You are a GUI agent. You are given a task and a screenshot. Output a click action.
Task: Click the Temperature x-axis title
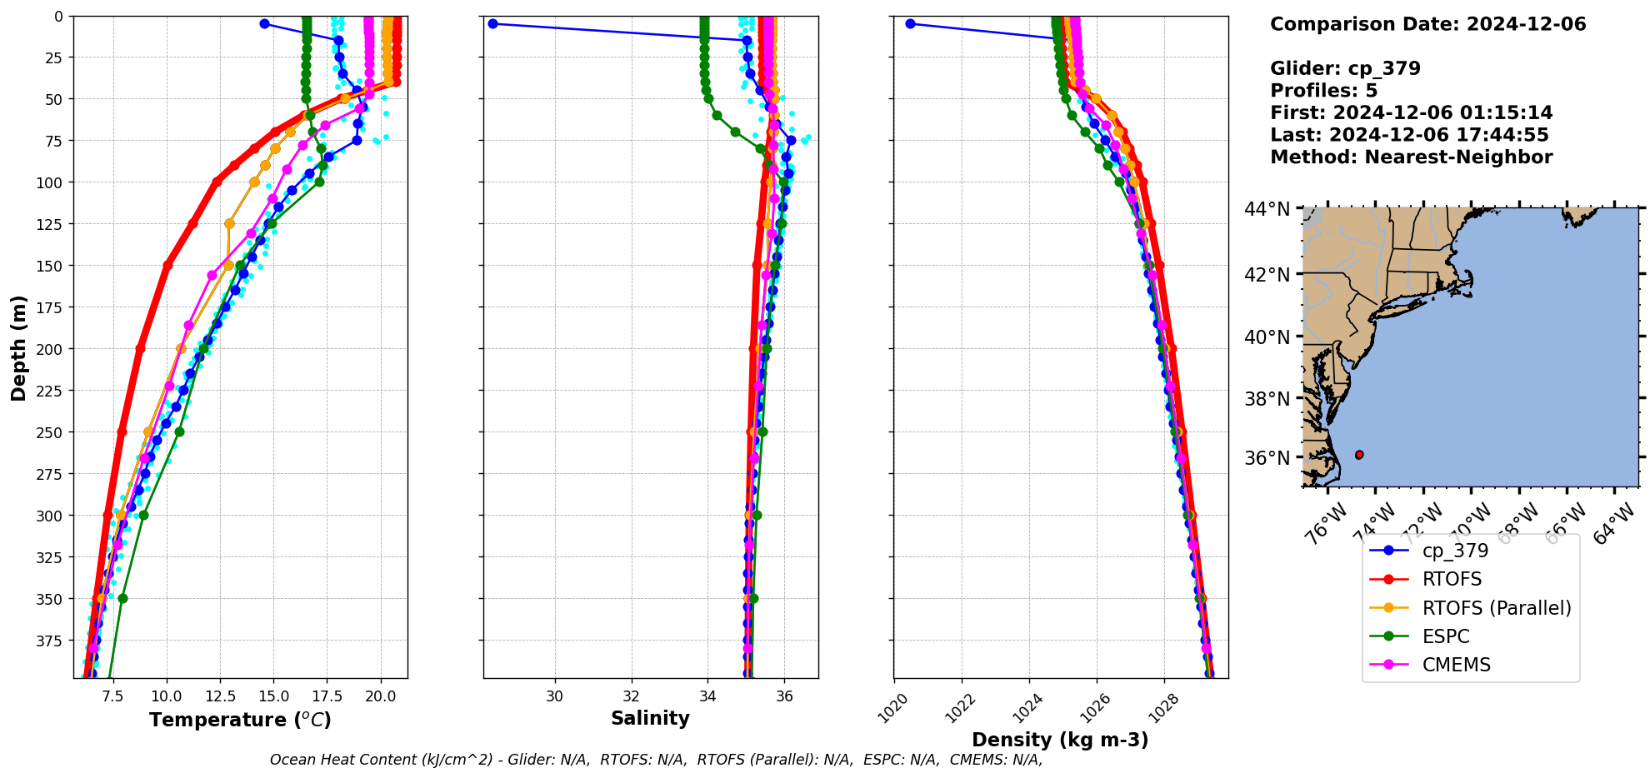pyautogui.click(x=240, y=720)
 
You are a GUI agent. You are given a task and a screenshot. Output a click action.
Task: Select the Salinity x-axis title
pyautogui.click(x=650, y=718)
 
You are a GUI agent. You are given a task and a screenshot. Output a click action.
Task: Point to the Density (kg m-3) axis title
pyautogui.click(x=1060, y=740)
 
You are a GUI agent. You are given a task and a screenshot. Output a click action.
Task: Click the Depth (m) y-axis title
pyautogui.click(x=18, y=347)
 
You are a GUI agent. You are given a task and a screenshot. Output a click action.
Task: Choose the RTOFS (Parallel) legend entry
pyautogui.click(x=1496, y=608)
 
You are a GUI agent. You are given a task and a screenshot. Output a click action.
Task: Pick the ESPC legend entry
pyautogui.click(x=1446, y=636)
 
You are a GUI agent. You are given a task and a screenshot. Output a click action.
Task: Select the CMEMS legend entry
pyautogui.click(x=1456, y=665)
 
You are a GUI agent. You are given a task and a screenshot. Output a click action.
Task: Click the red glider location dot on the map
pyautogui.click(x=1359, y=455)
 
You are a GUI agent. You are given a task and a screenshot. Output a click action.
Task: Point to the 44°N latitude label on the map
pyautogui.click(x=1267, y=209)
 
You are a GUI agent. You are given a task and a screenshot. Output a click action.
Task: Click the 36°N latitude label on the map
pyautogui.click(x=1267, y=458)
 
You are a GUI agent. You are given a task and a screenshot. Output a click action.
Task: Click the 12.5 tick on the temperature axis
pyautogui.click(x=220, y=696)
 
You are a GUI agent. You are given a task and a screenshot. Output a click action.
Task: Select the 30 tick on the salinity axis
pyautogui.click(x=555, y=696)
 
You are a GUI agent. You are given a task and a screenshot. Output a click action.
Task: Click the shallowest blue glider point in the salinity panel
pyautogui.click(x=492, y=23)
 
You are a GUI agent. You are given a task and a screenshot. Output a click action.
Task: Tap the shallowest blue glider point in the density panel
pyautogui.click(x=910, y=23)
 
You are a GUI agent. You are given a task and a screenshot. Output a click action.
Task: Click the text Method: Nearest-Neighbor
pyautogui.click(x=1411, y=157)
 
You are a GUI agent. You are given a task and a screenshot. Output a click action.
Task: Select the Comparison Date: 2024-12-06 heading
pyautogui.click(x=1427, y=24)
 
